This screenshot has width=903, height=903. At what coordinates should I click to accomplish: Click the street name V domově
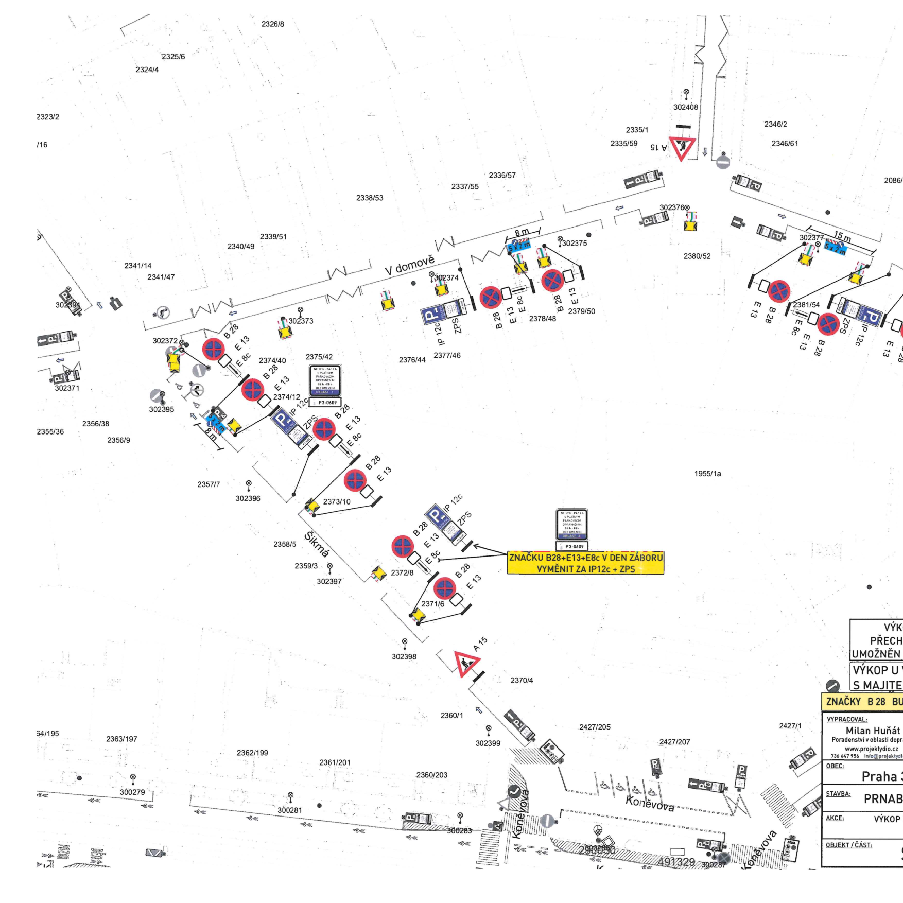tap(410, 265)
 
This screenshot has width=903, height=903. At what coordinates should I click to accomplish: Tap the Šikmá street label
tap(317, 544)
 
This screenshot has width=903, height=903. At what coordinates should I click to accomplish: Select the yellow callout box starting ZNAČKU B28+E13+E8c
tap(585, 563)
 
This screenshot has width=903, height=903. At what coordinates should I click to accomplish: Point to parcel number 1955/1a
tap(707, 474)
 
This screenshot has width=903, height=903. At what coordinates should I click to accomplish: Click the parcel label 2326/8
tap(272, 24)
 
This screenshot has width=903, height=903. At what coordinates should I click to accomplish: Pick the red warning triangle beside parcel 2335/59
tap(682, 147)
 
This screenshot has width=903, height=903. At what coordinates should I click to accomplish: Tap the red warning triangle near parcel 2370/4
tap(466, 663)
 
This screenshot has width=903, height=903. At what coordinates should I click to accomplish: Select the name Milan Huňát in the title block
tap(873, 731)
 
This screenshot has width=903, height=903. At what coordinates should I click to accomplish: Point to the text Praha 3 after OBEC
tap(882, 776)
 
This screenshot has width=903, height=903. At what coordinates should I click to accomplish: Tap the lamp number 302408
tap(686, 107)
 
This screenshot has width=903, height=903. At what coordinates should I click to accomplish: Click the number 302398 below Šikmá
tap(404, 656)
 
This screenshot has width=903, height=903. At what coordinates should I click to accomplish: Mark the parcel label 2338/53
tap(370, 198)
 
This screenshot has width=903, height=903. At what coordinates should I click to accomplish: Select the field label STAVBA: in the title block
tap(838, 794)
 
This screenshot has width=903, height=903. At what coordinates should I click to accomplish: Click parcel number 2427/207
tap(674, 742)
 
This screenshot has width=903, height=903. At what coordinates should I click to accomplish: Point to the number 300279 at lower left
tap(132, 792)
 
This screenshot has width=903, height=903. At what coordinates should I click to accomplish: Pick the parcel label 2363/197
tap(121, 739)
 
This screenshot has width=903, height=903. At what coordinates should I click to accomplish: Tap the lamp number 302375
tap(575, 243)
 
